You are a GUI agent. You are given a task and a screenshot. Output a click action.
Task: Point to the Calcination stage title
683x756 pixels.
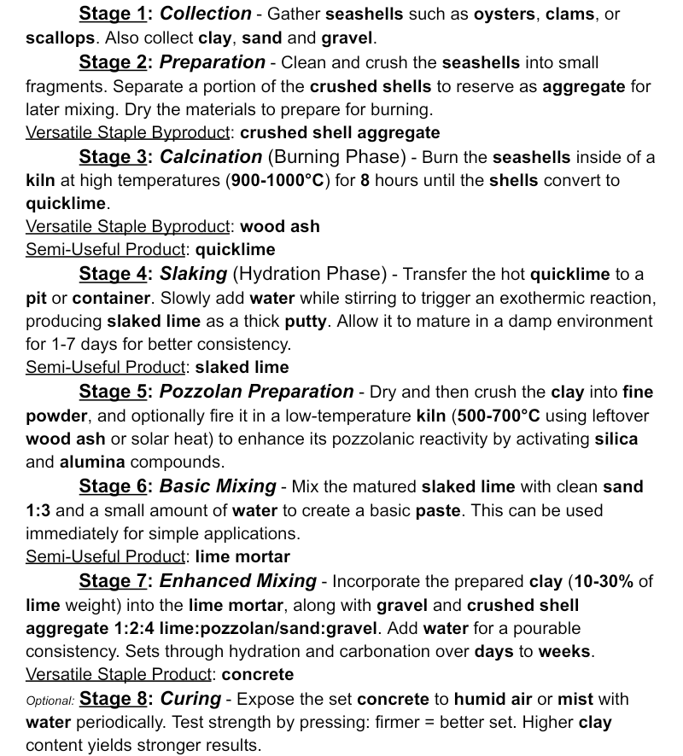(211, 157)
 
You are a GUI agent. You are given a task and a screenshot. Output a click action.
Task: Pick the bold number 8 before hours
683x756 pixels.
(365, 181)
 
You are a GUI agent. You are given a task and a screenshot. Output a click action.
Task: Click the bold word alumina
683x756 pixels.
(92, 462)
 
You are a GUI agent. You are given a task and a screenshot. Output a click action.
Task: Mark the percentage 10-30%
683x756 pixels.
(604, 581)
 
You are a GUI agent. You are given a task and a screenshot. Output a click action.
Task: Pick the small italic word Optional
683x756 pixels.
(50, 701)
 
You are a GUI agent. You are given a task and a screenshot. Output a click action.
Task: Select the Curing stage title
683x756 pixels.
(190, 699)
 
